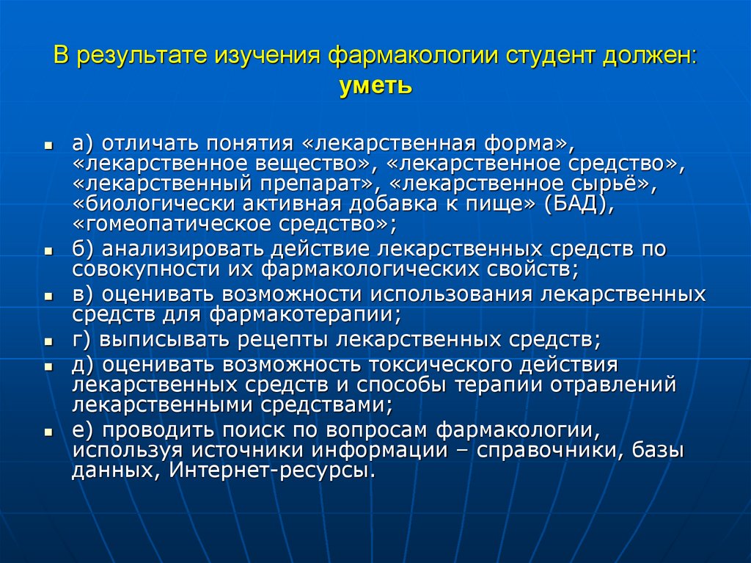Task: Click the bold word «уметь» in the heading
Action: click(375, 87)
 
